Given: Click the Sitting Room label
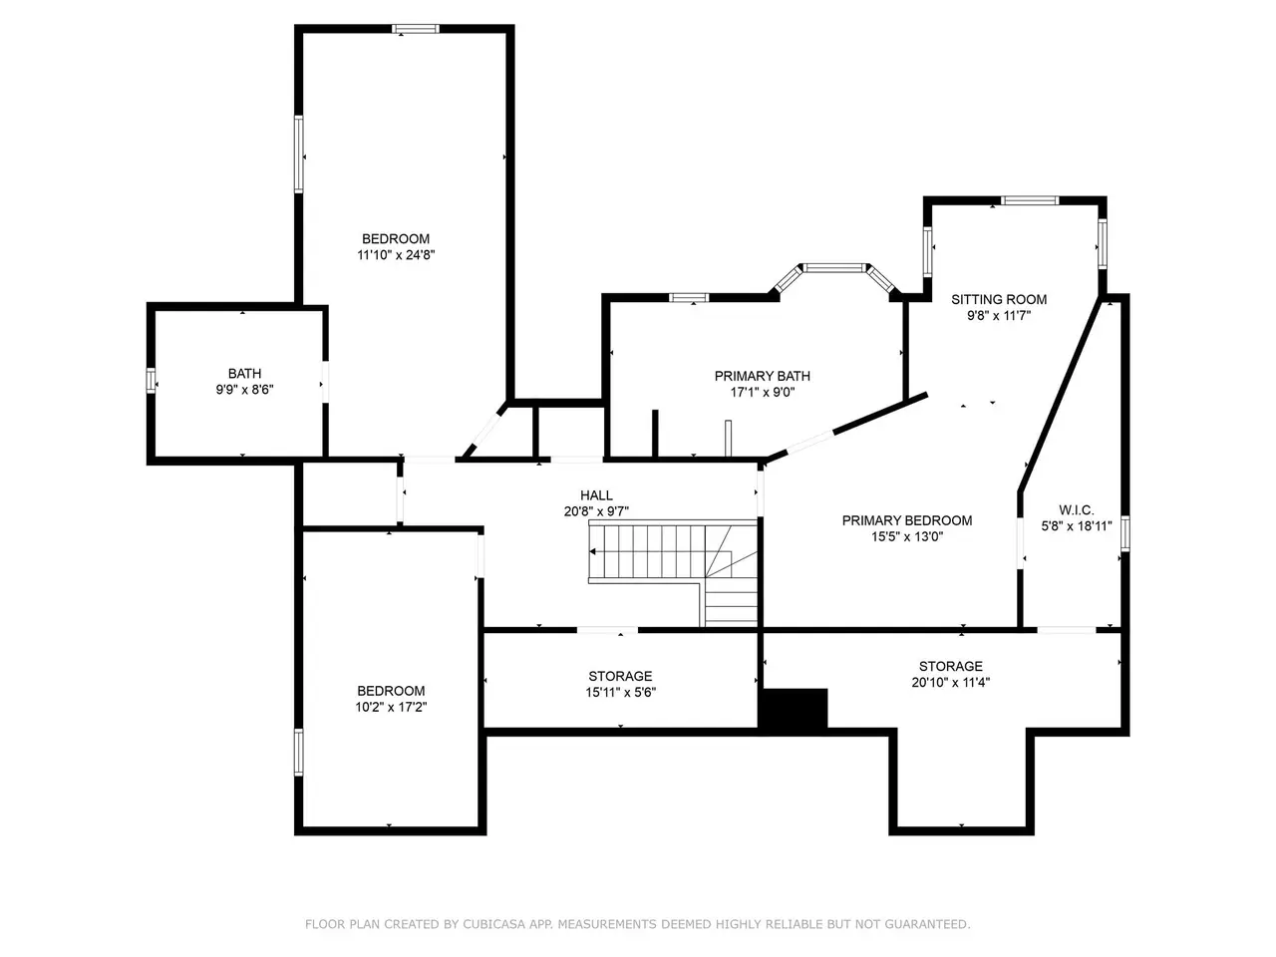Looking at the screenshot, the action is click(x=998, y=299).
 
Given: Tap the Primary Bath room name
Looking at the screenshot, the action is click(x=763, y=376).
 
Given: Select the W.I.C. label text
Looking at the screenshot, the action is click(x=1076, y=510).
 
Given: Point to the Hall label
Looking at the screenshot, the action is click(x=596, y=495).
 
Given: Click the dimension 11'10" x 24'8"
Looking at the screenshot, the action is click(x=396, y=254).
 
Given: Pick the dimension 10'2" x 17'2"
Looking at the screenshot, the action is click(x=391, y=707).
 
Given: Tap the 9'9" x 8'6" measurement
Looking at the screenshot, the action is click(x=245, y=390).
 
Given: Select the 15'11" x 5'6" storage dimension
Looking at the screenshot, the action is click(x=620, y=692).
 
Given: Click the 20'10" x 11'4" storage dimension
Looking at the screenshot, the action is click(x=950, y=682).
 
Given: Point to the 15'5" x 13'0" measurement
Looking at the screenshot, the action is click(x=907, y=536).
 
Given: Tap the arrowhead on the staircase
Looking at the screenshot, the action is click(x=592, y=551).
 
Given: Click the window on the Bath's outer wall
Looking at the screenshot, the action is click(x=152, y=381).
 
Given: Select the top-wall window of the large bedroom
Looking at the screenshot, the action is click(x=415, y=29).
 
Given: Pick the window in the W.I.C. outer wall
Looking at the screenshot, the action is click(x=1124, y=532).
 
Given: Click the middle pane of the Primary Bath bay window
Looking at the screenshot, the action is click(x=834, y=267).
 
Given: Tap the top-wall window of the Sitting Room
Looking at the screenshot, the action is click(x=1030, y=201).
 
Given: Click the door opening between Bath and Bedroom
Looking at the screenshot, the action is click(x=326, y=382).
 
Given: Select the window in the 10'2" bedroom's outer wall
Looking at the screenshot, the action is click(x=299, y=753).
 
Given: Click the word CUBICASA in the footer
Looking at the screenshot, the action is click(x=490, y=923).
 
